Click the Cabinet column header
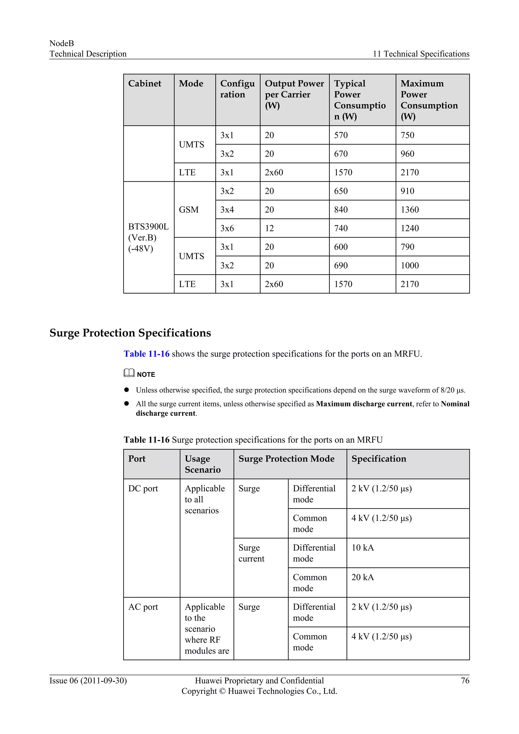[x=144, y=84]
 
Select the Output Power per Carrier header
[x=294, y=94]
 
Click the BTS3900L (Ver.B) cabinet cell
[x=148, y=237]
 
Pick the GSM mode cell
[x=189, y=210]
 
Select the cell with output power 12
[x=269, y=228]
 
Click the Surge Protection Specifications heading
[x=130, y=333]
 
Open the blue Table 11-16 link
[x=146, y=354]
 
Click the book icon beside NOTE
[x=129, y=373]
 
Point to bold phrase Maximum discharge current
[x=364, y=404]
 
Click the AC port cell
[x=143, y=607]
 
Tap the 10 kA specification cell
[x=362, y=548]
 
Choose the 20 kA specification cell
[x=362, y=577]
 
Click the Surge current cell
[x=251, y=553]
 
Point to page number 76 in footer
[x=465, y=681]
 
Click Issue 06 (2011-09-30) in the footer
[x=88, y=681]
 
